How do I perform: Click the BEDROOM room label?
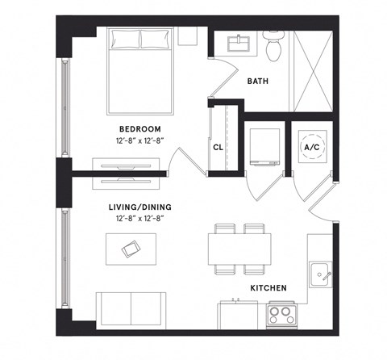[x=140, y=129]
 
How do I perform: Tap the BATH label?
[x=257, y=82]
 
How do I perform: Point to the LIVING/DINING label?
[x=140, y=207]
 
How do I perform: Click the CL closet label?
[x=218, y=148]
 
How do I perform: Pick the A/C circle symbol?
[x=310, y=146]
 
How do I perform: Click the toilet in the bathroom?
[x=272, y=48]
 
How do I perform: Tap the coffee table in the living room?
[x=129, y=250]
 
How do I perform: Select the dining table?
[x=239, y=245]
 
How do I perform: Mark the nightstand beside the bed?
[x=187, y=36]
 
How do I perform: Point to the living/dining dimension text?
[x=140, y=217]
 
